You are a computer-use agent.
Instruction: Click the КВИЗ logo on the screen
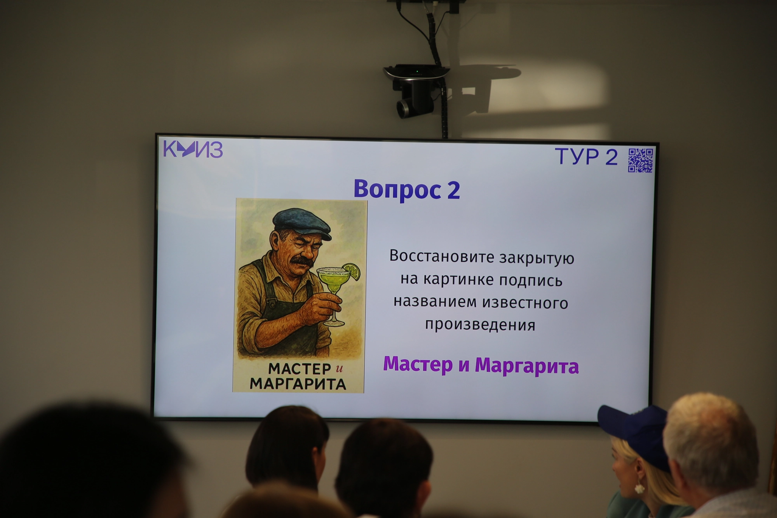[193, 150]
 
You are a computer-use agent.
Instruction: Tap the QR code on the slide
[641, 160]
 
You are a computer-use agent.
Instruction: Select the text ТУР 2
[586, 157]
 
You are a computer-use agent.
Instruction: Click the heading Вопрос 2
[407, 190]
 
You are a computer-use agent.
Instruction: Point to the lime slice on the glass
[352, 271]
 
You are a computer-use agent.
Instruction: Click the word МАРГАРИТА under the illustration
[298, 384]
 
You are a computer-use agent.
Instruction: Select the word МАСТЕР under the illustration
[300, 368]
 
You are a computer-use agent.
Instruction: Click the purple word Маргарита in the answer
[527, 366]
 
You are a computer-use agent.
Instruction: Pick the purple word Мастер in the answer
[418, 364]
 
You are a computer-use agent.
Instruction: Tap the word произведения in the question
[480, 324]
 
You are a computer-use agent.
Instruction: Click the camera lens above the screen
[403, 108]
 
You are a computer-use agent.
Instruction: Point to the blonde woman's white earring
[639, 488]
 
